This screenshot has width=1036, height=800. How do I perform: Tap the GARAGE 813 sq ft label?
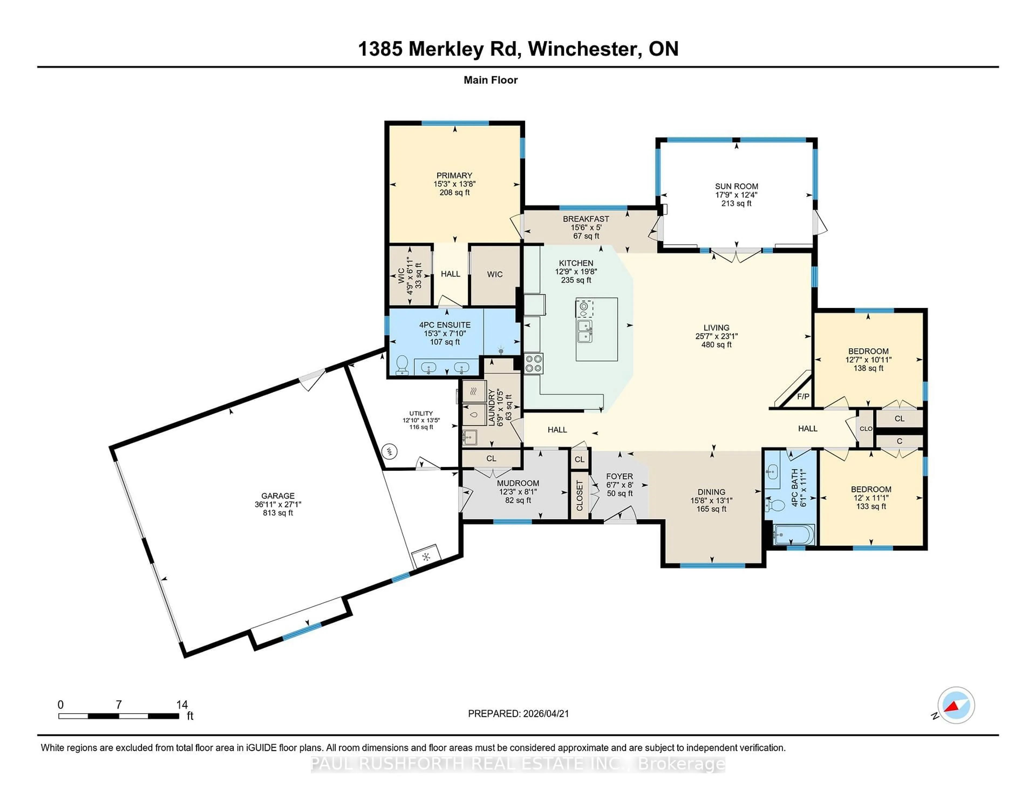(x=278, y=504)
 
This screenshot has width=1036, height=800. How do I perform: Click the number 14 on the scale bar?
(x=182, y=705)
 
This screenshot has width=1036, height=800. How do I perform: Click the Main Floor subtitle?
(x=490, y=80)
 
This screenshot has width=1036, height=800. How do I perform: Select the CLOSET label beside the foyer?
(x=579, y=496)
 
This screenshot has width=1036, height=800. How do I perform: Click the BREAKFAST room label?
(x=586, y=219)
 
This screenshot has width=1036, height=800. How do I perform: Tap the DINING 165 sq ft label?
(x=711, y=501)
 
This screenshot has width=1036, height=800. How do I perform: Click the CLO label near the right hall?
(x=866, y=428)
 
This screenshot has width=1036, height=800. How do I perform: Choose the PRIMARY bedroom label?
(x=454, y=175)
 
